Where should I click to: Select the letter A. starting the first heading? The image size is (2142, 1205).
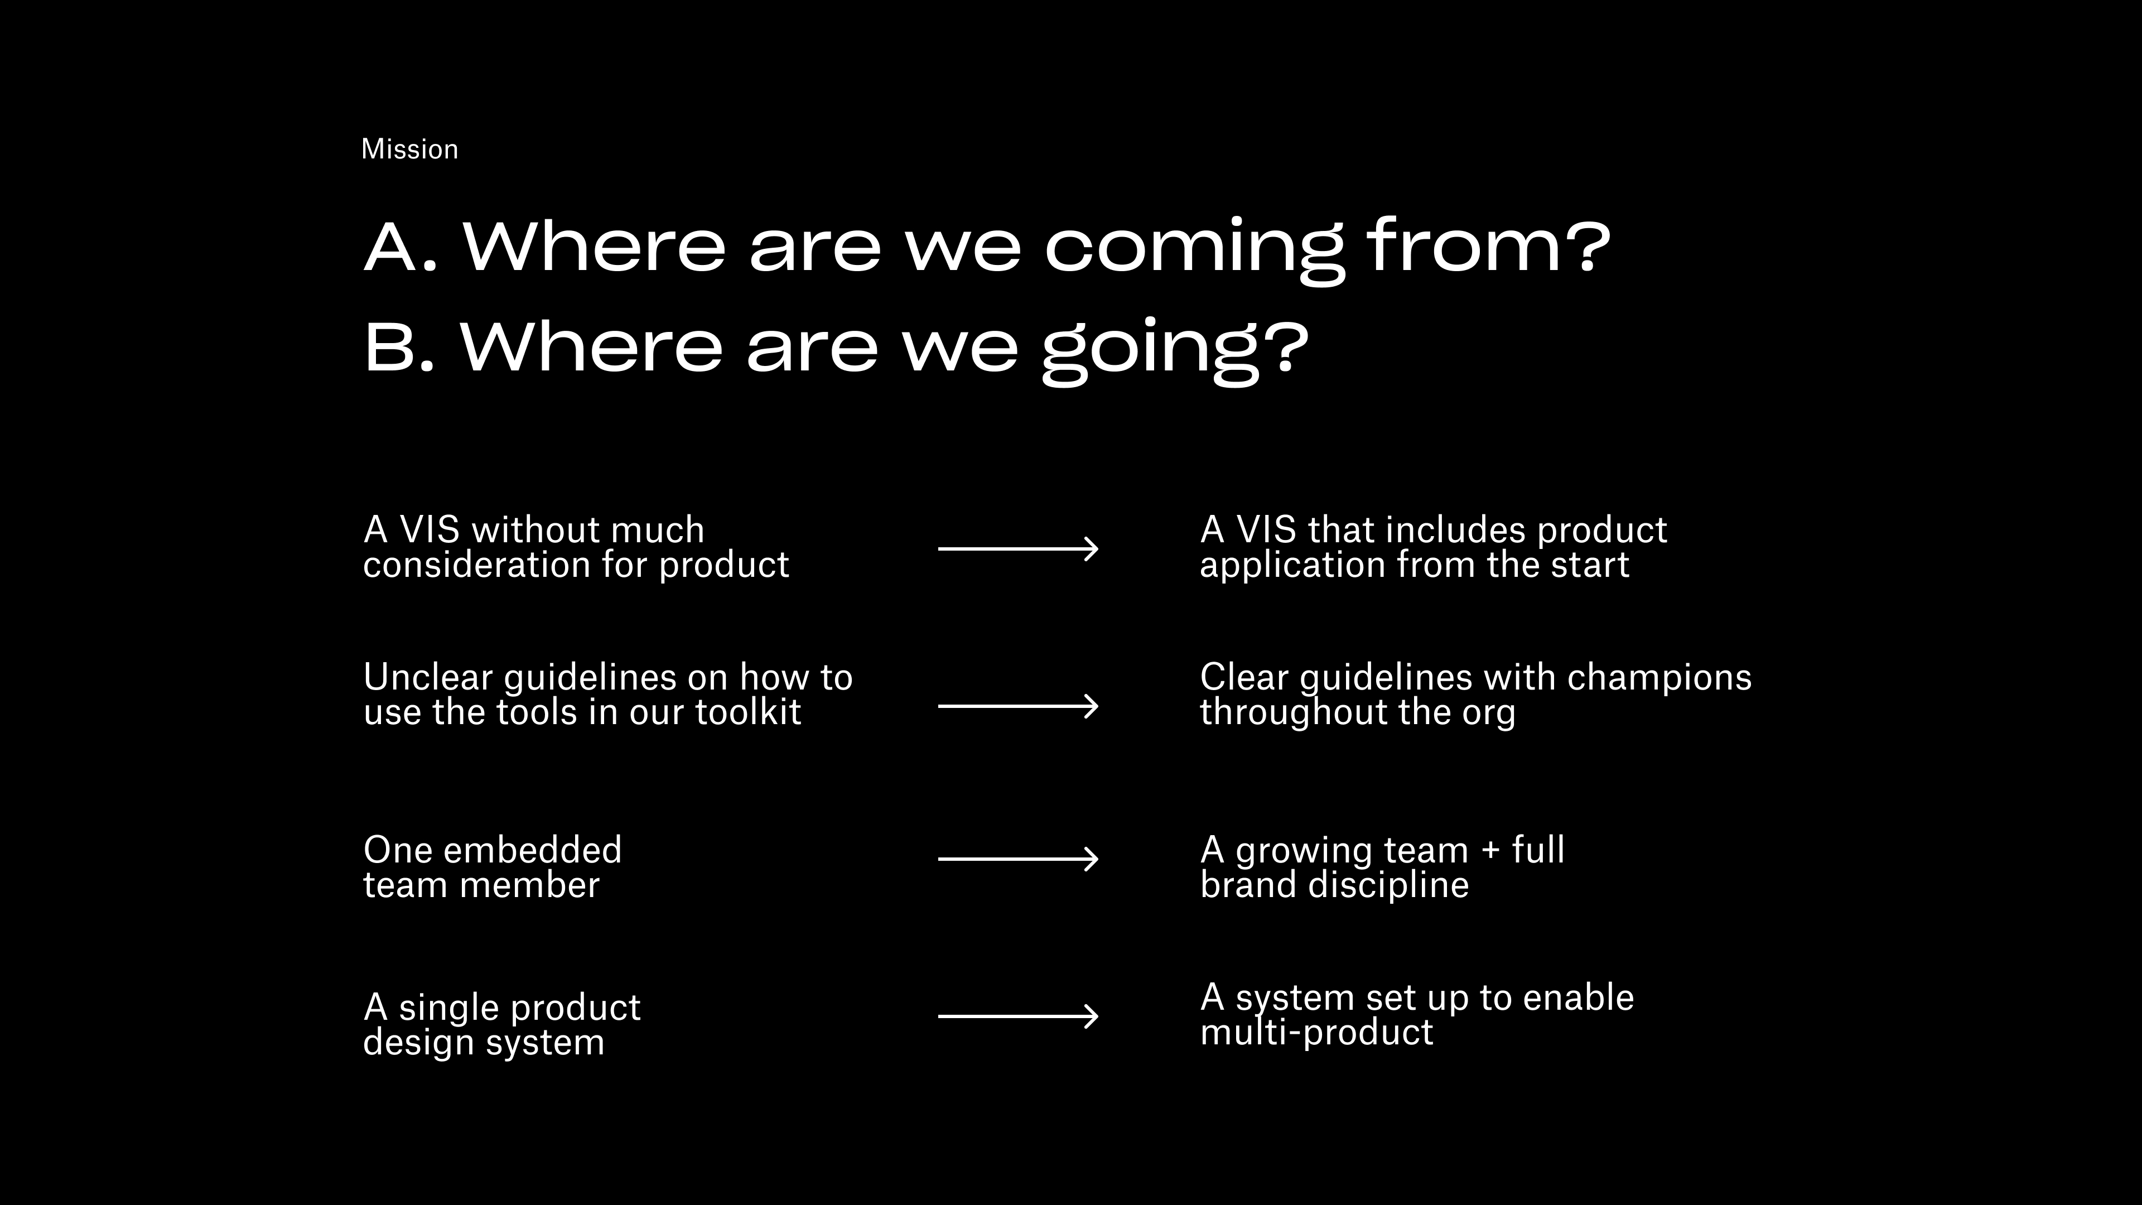(400, 247)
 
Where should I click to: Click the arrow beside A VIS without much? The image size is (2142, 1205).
(1019, 549)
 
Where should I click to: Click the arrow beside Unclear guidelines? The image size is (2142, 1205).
(1019, 706)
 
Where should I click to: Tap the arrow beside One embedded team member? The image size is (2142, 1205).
(1019, 858)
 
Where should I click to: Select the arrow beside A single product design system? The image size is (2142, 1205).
(1019, 1016)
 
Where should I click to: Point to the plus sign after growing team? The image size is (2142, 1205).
(1491, 851)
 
